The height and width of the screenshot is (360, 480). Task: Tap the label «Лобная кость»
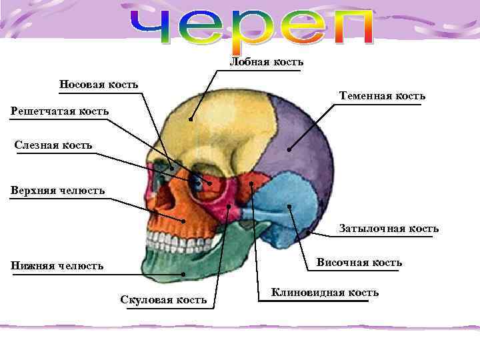click(x=266, y=62)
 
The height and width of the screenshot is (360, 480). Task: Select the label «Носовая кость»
click(x=99, y=84)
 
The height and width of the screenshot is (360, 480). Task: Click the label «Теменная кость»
click(x=381, y=96)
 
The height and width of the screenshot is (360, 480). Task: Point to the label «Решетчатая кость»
click(x=59, y=110)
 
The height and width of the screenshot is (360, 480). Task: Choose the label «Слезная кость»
click(x=53, y=145)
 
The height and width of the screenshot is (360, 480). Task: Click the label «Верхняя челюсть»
click(x=57, y=191)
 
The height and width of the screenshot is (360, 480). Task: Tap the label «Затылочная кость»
click(x=388, y=229)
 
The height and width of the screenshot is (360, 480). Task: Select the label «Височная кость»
click(x=359, y=262)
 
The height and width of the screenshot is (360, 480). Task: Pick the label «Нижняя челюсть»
click(x=57, y=266)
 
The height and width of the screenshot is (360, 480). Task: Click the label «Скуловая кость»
click(x=163, y=299)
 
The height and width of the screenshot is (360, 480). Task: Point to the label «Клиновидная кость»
click(x=325, y=292)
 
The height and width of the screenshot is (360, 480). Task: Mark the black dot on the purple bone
click(x=289, y=149)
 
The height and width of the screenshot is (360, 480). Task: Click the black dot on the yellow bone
click(x=190, y=120)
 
